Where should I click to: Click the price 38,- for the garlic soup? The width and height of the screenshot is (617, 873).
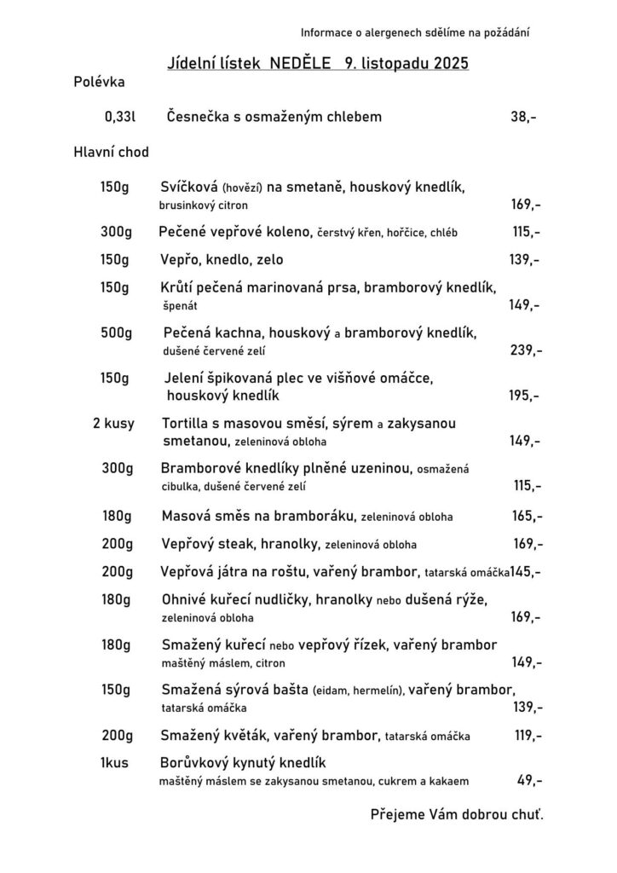[x=522, y=117]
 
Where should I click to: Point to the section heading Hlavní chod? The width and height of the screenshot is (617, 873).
[x=111, y=153]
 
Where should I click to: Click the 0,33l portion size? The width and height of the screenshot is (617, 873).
[x=120, y=117]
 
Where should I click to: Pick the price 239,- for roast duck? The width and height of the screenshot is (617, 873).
[x=525, y=350]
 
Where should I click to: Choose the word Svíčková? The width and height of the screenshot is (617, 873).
[x=188, y=187]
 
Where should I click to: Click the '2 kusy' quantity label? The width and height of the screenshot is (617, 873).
[x=113, y=423]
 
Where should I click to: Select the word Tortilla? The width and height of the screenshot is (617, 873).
[x=187, y=423]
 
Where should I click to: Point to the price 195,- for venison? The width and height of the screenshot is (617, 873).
[x=524, y=396]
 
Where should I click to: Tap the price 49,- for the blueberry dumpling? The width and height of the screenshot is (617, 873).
[x=529, y=779]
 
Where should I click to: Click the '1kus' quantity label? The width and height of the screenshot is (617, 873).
[x=114, y=761]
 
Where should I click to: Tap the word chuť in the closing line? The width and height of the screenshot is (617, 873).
[x=527, y=814]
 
